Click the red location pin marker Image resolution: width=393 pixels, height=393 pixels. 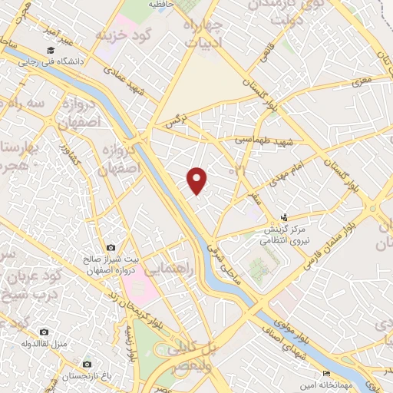pos(197,180)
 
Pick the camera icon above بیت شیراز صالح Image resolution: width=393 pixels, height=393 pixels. pos(111,248)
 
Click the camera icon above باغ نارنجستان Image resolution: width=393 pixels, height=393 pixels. pos(86,362)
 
